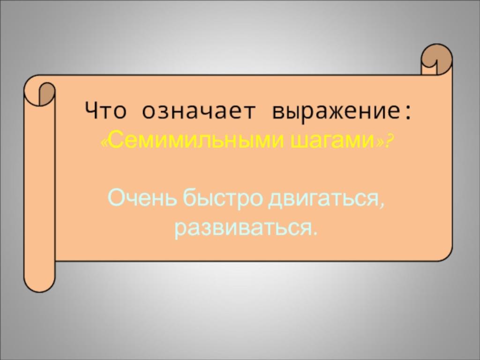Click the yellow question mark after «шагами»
389,142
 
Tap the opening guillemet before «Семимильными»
105,143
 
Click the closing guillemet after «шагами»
380,143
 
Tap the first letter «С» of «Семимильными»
115,141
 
